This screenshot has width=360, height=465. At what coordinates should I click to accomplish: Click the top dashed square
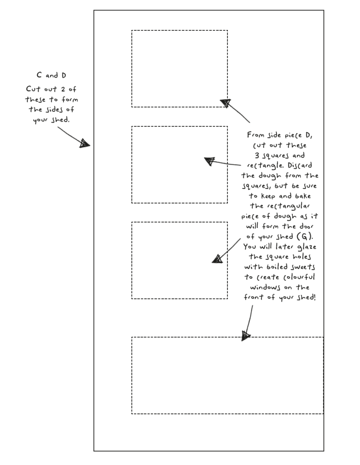(179, 69)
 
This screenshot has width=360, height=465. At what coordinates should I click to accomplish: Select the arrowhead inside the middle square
(210, 161)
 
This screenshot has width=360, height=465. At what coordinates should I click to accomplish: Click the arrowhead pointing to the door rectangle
(246, 336)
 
